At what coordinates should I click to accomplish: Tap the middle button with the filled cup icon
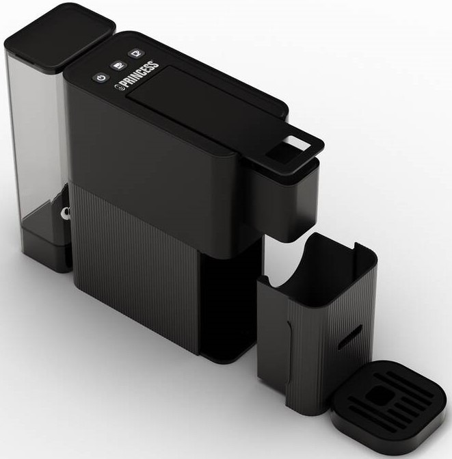(x=118, y=65)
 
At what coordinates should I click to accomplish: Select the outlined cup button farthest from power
(x=136, y=53)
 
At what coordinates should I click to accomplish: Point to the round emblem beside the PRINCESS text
(x=118, y=88)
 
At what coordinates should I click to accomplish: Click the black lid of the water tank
(x=60, y=39)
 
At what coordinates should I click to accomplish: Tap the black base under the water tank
(x=46, y=249)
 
